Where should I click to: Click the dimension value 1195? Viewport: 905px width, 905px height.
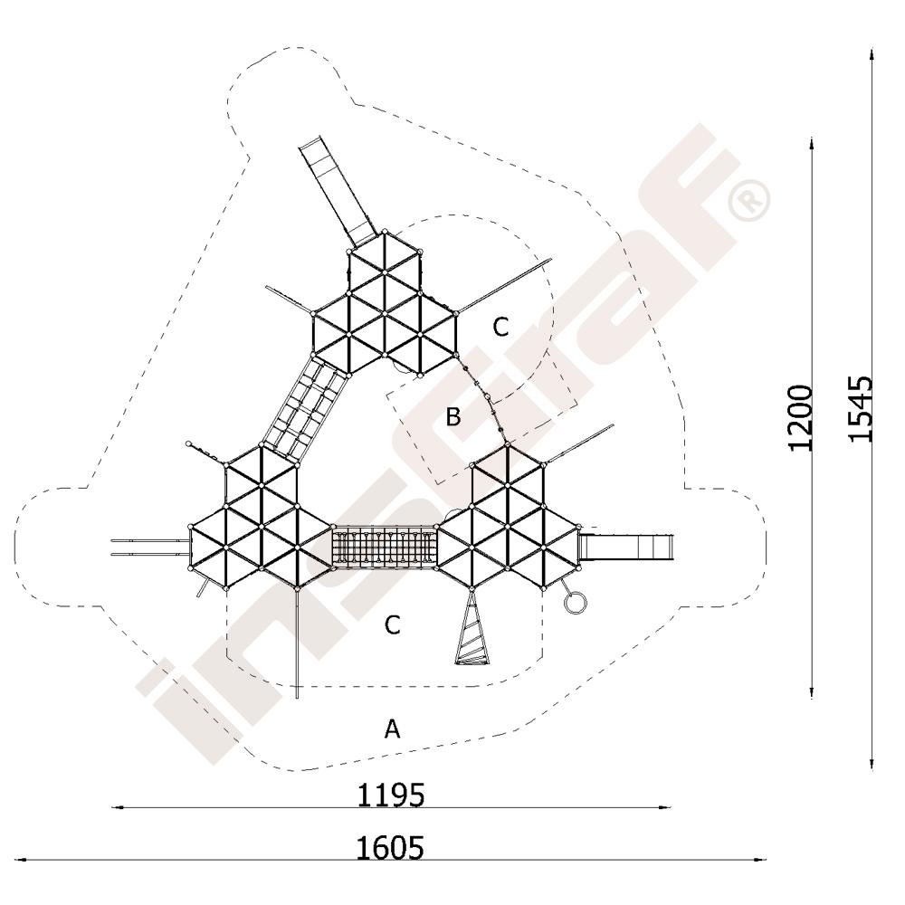pos(391,795)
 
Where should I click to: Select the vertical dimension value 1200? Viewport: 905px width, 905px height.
pos(801,417)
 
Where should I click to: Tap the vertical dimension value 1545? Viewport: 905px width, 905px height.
pos(861,409)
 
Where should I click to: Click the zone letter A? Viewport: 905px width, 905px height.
pos(393,729)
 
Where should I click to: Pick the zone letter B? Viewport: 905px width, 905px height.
pos(453,416)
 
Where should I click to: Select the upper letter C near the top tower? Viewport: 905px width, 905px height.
pos(500,328)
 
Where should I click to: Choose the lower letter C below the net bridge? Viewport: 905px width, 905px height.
pos(393,624)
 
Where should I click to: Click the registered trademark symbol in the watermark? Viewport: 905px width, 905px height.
pos(749,200)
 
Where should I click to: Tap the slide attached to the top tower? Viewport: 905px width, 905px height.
pos(338,191)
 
